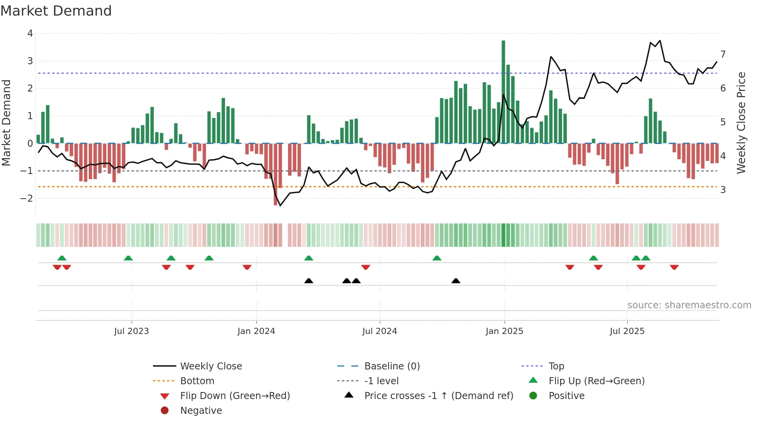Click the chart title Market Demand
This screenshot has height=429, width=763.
pyautogui.click(x=56, y=11)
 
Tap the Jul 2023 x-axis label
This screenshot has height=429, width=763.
pyautogui.click(x=132, y=331)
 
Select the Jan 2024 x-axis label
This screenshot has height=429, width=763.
pyautogui.click(x=256, y=331)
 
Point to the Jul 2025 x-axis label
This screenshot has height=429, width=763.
pyautogui.click(x=627, y=331)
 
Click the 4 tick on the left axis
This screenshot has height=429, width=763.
pyautogui.click(x=30, y=33)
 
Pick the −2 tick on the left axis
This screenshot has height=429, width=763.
pyautogui.click(x=27, y=199)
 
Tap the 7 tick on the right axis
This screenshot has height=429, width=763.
pyautogui.click(x=723, y=55)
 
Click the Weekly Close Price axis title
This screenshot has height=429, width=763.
pyautogui.click(x=741, y=123)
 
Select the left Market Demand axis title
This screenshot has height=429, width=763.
pyautogui.click(x=6, y=123)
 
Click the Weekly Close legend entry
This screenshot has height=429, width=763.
pyautogui.click(x=211, y=366)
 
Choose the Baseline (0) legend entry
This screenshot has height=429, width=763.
pyautogui.click(x=392, y=366)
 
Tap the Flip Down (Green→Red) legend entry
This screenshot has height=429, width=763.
pyautogui.click(x=235, y=396)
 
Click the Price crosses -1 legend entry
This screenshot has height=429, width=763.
pyautogui.click(x=438, y=396)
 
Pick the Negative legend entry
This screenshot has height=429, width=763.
pyautogui.click(x=201, y=411)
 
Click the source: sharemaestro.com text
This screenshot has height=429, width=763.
pyautogui.click(x=689, y=305)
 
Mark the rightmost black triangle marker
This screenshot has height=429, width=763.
pyautogui.click(x=456, y=281)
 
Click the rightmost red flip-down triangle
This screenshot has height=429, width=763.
pyautogui.click(x=674, y=267)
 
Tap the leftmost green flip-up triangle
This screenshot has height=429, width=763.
pyautogui.click(x=62, y=258)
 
